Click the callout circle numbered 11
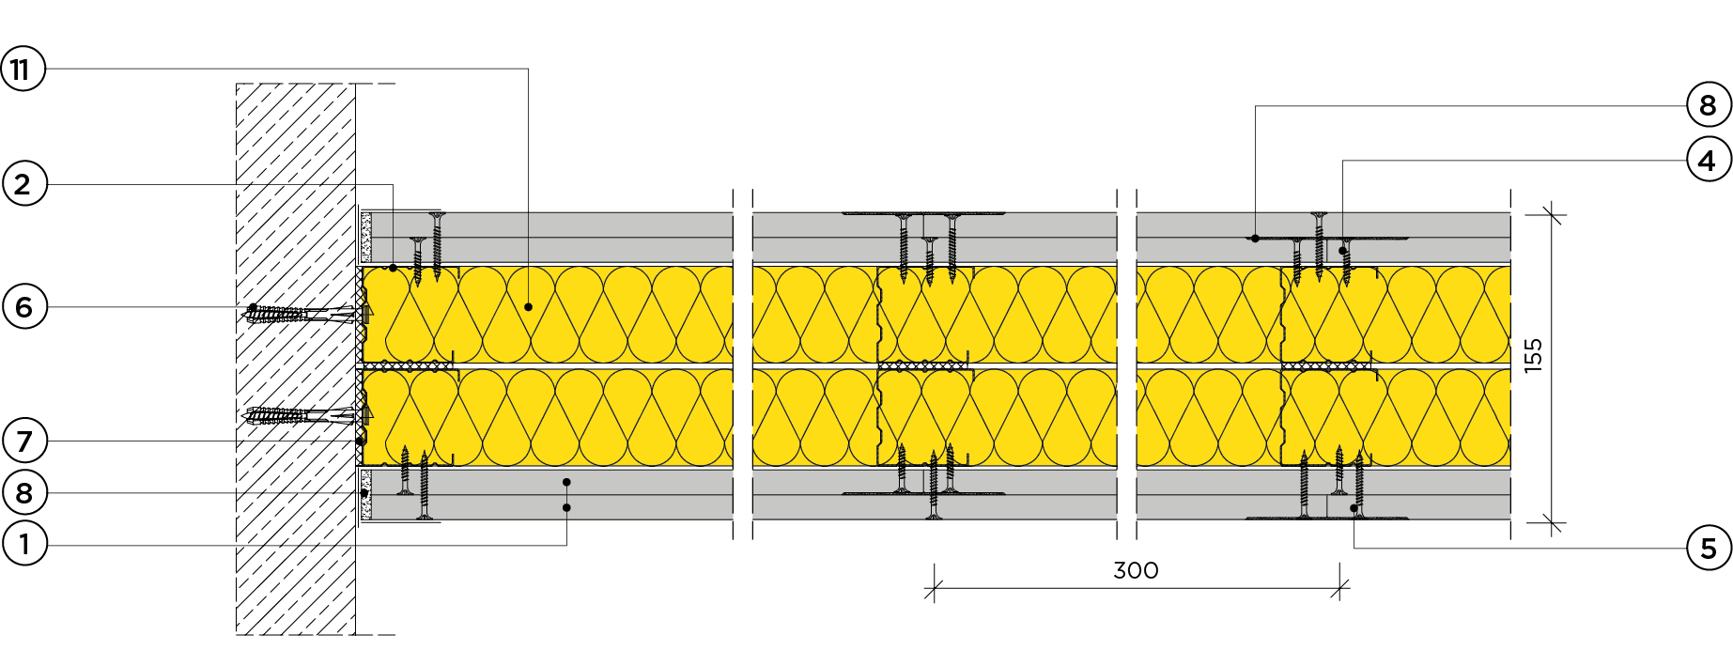pos(23,69)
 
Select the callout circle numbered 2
pos(24,184)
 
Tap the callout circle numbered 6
pos(24,307)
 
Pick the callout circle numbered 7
pos(24,441)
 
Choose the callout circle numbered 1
pos(24,544)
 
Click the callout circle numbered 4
pos(1709,161)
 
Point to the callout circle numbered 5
pos(1709,549)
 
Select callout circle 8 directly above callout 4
pos(1709,105)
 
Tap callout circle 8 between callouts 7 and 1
pos(24,492)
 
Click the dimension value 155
pos(1533,356)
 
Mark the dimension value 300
pos(1136,570)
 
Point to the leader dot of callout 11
pos(529,307)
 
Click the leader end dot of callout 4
pos(1343,251)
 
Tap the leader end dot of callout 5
pos(1354,508)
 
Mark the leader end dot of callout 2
pos(393,268)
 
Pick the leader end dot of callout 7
pos(360,441)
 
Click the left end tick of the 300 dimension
pos(934,589)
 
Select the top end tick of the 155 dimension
pos(1552,215)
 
